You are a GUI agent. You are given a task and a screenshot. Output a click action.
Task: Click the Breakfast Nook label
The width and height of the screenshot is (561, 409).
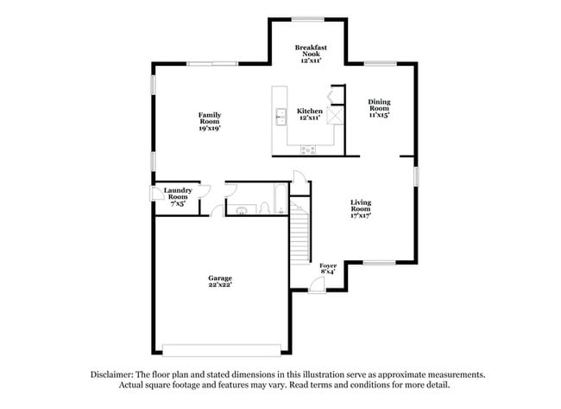tap(308, 53)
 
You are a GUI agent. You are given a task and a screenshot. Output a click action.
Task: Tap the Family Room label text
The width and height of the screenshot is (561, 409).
tap(210, 121)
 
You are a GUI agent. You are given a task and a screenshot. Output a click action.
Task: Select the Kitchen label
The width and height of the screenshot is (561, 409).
tap(309, 114)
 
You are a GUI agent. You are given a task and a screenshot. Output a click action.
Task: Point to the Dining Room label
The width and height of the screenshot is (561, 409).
tap(379, 108)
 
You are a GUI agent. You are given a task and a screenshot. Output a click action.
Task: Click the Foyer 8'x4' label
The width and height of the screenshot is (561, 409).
tap(328, 269)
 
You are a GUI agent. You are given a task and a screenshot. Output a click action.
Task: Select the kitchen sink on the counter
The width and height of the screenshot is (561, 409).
tap(280, 117)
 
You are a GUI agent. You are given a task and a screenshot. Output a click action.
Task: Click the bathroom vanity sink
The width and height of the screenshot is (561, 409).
tap(241, 209)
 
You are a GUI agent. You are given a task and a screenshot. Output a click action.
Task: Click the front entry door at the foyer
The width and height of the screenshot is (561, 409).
tap(320, 290)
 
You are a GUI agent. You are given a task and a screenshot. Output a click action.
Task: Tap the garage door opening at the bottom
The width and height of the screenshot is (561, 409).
tap(221, 350)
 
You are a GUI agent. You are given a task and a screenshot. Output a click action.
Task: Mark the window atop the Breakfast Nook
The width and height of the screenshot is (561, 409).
tap(308, 19)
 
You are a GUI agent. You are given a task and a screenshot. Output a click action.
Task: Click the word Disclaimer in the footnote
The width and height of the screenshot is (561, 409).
tap(114, 374)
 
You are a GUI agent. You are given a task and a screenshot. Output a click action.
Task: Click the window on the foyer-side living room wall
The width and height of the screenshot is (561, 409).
tap(379, 262)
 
